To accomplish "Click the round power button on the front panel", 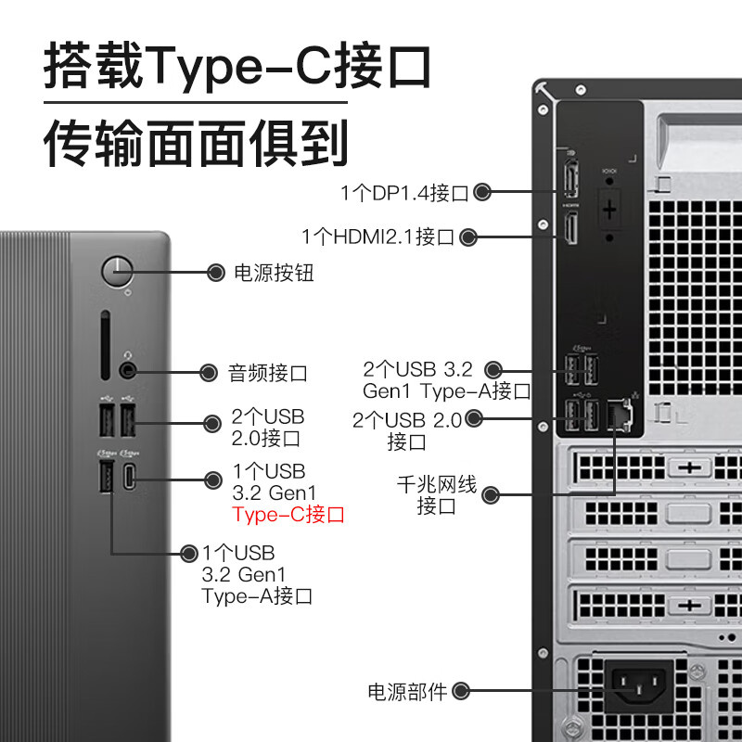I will click(118, 272).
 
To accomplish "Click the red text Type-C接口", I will click(288, 514).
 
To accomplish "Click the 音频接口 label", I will click(268, 374).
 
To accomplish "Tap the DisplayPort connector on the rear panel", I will click(570, 177).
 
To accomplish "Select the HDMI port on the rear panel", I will click(571, 228).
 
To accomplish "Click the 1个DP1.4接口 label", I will click(404, 193).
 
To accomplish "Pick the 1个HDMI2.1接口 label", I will click(377, 237).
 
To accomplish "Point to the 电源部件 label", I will click(407, 691).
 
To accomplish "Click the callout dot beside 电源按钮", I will click(215, 273).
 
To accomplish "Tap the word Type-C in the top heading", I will click(260, 67).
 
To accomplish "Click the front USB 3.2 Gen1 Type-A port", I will click(104, 477).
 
